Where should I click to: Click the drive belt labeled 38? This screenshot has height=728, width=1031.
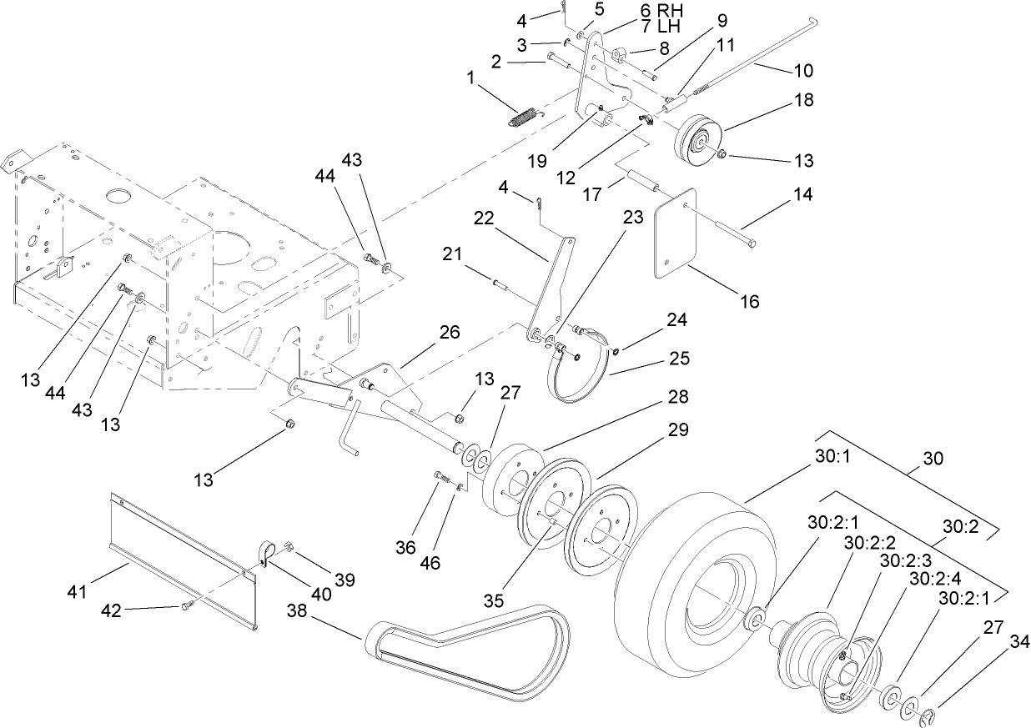(x=467, y=651)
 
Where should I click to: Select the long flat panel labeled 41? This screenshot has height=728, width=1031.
(x=184, y=559)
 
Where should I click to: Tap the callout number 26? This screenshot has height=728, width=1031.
(x=449, y=332)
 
